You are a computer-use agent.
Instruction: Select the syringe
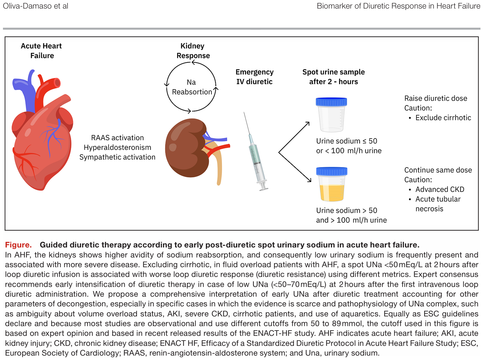tap(255, 153)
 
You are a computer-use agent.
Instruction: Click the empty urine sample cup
tap(331, 116)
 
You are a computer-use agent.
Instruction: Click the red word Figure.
tap(18, 245)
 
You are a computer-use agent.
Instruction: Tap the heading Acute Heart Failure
tap(42, 51)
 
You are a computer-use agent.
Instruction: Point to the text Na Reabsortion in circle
tap(192, 87)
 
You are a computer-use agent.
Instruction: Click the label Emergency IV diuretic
tap(254, 77)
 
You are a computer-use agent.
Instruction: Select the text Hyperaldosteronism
tap(117, 147)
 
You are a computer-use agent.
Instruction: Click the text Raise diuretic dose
tap(435, 98)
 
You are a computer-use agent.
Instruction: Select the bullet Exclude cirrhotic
tap(443, 118)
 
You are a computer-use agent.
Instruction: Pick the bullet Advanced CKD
tap(439, 189)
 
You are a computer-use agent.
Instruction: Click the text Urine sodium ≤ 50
tap(346, 141)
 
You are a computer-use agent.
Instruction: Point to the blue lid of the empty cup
tap(331, 102)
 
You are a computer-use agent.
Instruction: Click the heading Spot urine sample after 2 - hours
tap(333, 77)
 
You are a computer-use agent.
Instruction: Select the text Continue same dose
tap(438, 170)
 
